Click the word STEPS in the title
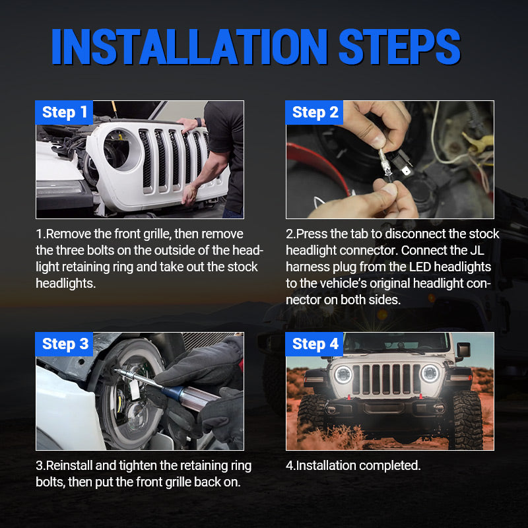pos(399,47)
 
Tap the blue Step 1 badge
pos(64,112)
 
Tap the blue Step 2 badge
pos(315,112)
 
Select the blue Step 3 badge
pos(65,344)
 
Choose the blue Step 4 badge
pos(315,344)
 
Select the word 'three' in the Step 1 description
pos(75,251)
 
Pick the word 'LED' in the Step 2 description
pos(416,267)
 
